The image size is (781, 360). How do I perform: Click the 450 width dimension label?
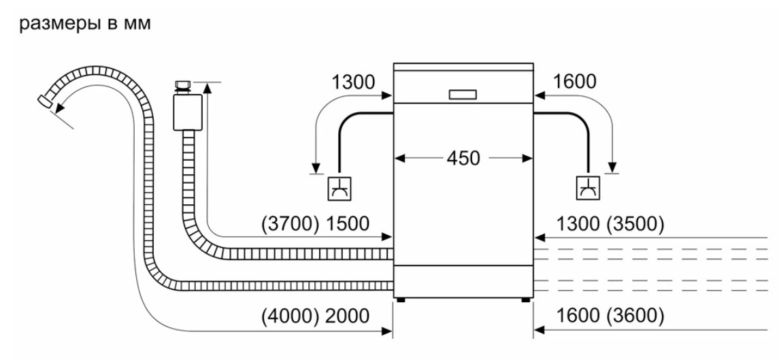(x=463, y=159)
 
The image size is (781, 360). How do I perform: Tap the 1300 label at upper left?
(x=353, y=82)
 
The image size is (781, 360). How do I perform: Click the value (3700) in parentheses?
(x=290, y=224)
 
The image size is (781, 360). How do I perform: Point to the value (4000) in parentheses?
(x=290, y=316)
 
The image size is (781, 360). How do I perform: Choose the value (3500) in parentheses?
(x=636, y=224)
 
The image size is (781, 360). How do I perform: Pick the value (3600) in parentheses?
(x=636, y=316)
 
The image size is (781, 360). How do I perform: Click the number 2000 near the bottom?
(x=348, y=316)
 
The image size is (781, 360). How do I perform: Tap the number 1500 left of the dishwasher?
(x=348, y=224)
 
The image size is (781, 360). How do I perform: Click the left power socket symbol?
(x=339, y=189)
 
